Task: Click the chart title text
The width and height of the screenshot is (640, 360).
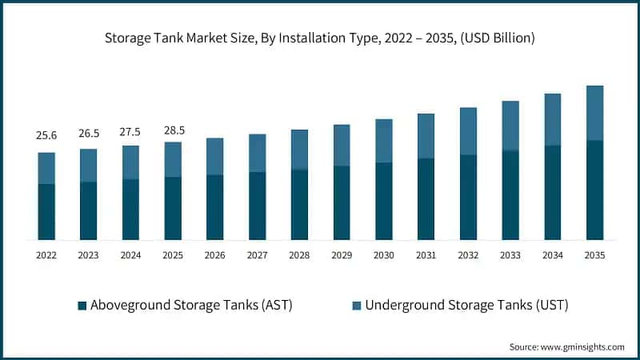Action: click(x=320, y=38)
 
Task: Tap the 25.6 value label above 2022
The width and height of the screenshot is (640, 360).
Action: click(x=46, y=136)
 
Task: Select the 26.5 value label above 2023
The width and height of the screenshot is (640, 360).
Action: click(x=88, y=133)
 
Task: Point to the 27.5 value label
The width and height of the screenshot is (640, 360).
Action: click(x=130, y=130)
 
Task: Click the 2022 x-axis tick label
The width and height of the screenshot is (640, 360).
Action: click(x=46, y=255)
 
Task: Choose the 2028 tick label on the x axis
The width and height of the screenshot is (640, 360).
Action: click(x=299, y=255)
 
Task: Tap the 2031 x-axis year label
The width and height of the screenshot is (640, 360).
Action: click(x=426, y=255)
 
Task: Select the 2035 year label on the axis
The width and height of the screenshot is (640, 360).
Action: click(x=594, y=255)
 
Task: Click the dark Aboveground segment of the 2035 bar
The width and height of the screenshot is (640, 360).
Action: click(x=594, y=190)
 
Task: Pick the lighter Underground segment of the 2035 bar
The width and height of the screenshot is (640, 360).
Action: click(x=594, y=113)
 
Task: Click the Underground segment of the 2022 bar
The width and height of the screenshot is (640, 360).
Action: click(x=46, y=168)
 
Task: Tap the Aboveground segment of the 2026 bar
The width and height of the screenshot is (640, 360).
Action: click(x=214, y=207)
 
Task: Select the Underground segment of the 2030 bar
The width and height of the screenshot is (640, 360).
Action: click(x=383, y=141)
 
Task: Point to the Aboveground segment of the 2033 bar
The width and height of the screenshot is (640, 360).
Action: click(x=510, y=195)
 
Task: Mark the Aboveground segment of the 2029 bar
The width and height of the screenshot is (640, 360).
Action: click(x=342, y=202)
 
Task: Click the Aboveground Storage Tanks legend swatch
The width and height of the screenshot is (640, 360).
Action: click(x=82, y=306)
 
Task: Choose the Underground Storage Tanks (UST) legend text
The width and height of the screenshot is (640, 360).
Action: click(x=466, y=305)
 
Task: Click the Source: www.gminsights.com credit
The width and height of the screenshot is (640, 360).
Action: click(x=566, y=346)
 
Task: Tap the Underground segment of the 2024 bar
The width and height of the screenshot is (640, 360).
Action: click(x=130, y=162)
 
